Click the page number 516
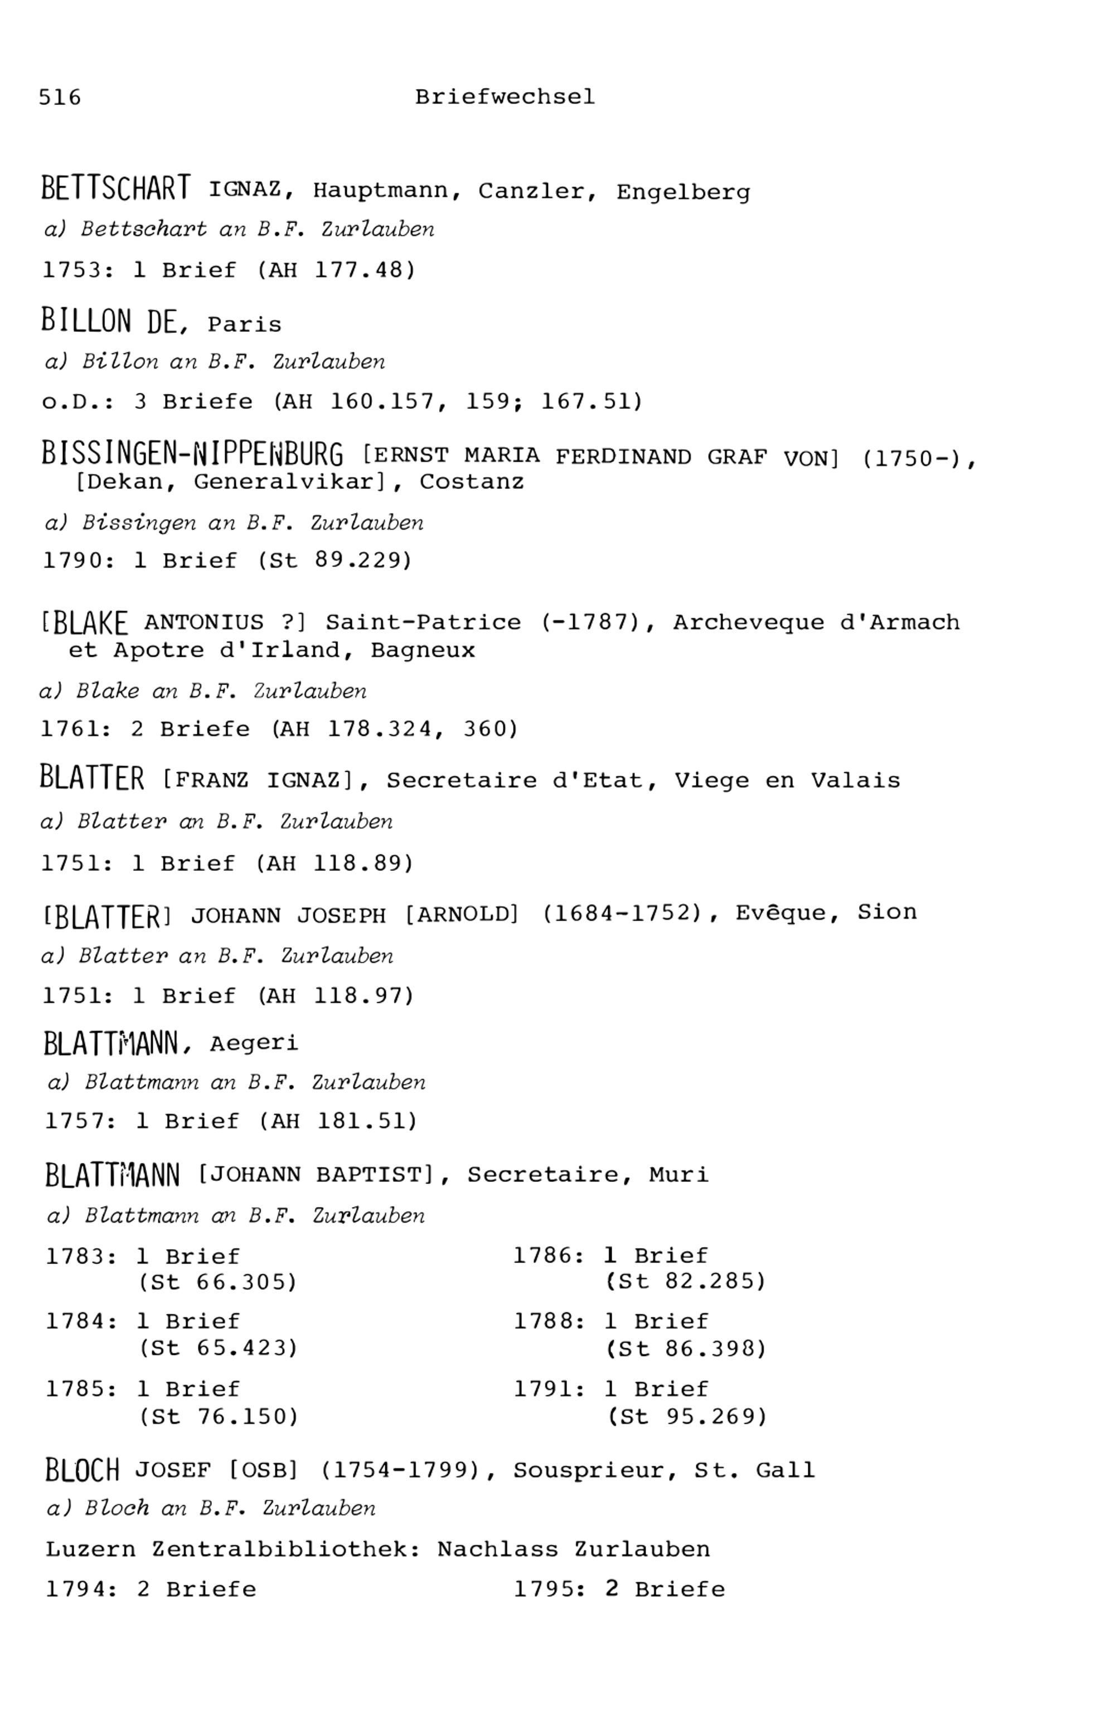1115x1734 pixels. pos(60,97)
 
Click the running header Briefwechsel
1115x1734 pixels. pos(505,97)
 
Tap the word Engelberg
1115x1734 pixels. pos(683,192)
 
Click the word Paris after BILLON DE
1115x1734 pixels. pos(244,324)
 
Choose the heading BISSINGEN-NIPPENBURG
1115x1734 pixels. pos(192,454)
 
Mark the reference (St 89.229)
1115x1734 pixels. pos(334,560)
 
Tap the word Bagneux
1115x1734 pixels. pos(423,650)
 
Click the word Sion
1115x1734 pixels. pos(887,912)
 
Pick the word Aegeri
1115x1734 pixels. pos(254,1043)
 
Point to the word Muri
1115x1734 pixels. pos(678,1174)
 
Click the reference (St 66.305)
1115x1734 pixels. pos(218,1282)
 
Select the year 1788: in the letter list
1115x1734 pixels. pos(549,1321)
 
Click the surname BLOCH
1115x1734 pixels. pos(82,1470)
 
